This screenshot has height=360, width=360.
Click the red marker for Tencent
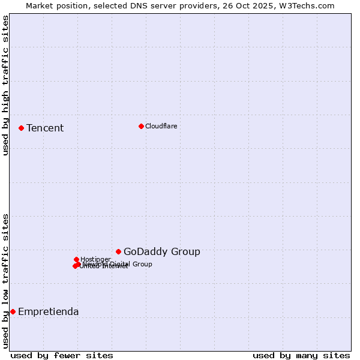click(x=21, y=128)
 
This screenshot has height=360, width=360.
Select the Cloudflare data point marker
click(x=141, y=126)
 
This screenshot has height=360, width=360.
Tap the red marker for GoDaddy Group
click(x=118, y=251)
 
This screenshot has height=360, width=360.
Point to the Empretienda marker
click(x=13, y=311)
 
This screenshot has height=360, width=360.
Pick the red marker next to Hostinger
click(x=76, y=259)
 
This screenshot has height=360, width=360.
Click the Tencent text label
click(x=45, y=128)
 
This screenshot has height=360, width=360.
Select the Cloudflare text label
click(x=161, y=126)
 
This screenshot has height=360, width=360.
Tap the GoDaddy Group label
click(x=161, y=251)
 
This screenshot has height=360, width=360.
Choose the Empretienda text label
click(x=48, y=311)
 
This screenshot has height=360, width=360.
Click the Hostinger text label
click(x=95, y=259)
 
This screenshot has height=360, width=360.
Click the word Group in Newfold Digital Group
click(x=142, y=264)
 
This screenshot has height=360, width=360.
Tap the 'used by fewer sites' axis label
click(x=62, y=355)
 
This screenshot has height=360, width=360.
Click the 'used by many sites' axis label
click(x=301, y=355)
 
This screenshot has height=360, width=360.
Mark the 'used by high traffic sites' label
click(x=5, y=85)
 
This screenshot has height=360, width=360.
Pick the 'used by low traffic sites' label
click(x=5, y=280)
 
